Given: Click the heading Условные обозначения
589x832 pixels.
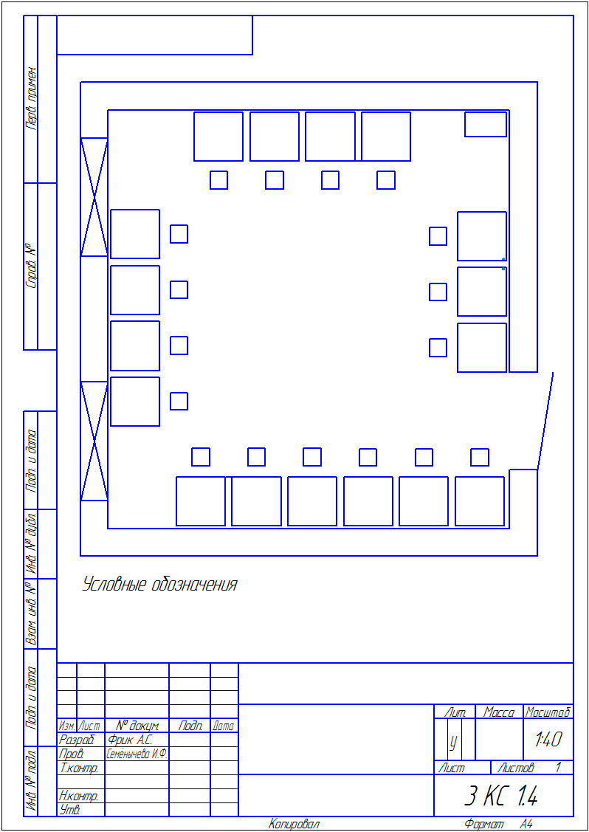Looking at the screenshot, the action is point(159,585).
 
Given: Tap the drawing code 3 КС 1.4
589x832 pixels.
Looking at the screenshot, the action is point(501,795).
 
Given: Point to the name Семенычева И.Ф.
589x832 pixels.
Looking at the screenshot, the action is point(137,754).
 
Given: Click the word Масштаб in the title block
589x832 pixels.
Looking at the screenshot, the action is point(548,712).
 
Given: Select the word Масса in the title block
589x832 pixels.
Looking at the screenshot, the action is point(499,712).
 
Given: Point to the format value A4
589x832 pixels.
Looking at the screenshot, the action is point(526,824).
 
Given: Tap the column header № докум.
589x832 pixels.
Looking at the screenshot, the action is point(137,726).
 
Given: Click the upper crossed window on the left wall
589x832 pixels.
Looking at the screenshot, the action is point(94,197).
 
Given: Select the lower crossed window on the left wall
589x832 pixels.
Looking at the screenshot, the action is point(94,441).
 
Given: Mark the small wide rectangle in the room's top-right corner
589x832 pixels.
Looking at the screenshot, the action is point(486,124).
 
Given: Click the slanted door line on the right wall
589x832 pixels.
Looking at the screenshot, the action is point(545,421).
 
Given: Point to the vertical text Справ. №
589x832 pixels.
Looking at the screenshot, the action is point(31,267).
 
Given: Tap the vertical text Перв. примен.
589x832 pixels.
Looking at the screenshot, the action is point(31,98).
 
